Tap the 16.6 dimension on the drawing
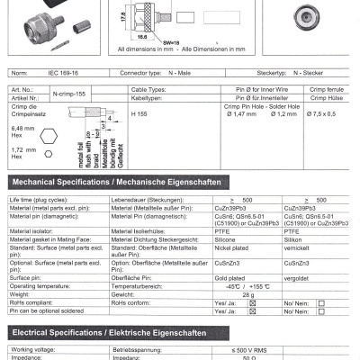click(142, 39)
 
